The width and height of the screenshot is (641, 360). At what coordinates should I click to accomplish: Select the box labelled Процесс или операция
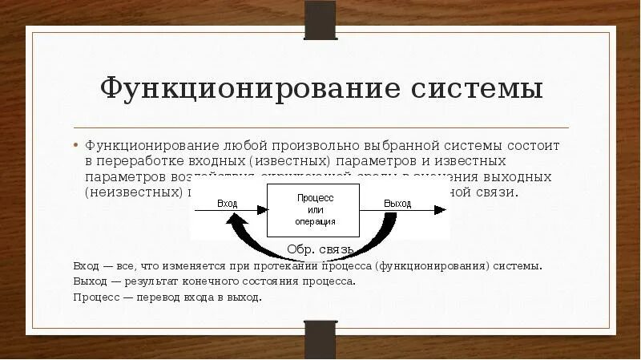[x=315, y=209]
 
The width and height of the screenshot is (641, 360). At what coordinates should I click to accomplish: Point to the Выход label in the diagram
[x=397, y=204]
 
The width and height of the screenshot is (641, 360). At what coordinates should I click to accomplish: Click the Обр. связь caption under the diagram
[x=314, y=249]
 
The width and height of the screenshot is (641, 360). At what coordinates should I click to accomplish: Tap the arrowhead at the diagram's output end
[x=440, y=210]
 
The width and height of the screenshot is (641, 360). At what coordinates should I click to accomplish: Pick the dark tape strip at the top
[x=320, y=18]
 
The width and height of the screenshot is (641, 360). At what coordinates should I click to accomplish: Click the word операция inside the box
[x=315, y=221]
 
